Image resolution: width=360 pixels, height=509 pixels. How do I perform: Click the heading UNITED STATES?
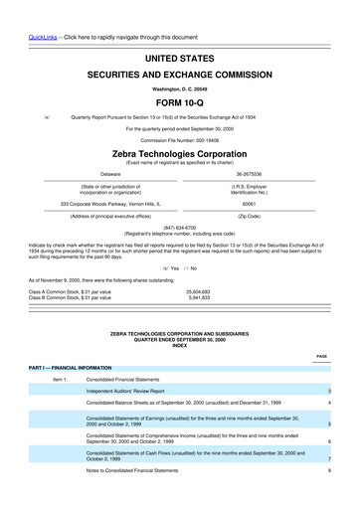click(179, 61)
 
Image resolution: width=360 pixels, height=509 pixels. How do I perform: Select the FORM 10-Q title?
click(179, 102)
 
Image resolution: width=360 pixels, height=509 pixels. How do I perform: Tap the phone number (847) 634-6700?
click(179, 225)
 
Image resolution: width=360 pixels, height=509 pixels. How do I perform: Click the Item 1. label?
click(59, 380)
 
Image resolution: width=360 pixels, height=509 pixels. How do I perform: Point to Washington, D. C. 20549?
click(179, 88)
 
